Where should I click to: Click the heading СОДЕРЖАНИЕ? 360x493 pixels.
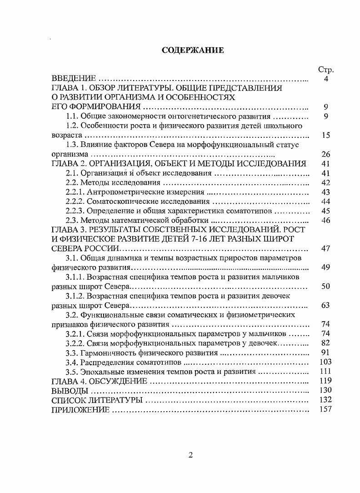(x=193, y=50)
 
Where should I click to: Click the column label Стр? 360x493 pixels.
(x=326, y=70)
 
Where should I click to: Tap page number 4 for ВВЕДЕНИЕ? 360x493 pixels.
(x=326, y=79)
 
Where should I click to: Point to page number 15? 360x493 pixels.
(x=325, y=136)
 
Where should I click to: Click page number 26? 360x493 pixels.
(x=325, y=155)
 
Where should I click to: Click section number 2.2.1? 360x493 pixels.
(x=75, y=192)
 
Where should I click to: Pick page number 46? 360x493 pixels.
(x=325, y=220)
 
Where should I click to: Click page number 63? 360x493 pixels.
(x=325, y=305)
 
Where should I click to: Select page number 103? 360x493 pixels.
(x=325, y=362)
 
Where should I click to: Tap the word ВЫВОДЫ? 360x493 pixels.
(x=67, y=390)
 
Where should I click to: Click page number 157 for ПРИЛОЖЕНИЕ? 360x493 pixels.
(x=325, y=409)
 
